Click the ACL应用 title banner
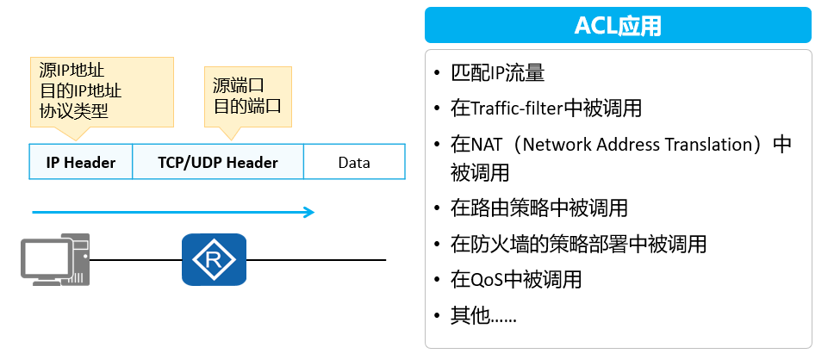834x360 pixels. click(618, 25)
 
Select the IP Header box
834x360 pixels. click(80, 162)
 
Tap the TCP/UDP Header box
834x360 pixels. click(218, 162)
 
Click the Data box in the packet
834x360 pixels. click(353, 162)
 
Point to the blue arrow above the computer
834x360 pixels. click(173, 212)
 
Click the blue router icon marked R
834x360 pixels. click(214, 259)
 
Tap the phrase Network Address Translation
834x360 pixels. click(636, 145)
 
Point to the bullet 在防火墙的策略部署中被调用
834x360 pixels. click(578, 244)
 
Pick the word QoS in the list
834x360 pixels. click(489, 280)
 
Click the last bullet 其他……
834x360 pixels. click(483, 315)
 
